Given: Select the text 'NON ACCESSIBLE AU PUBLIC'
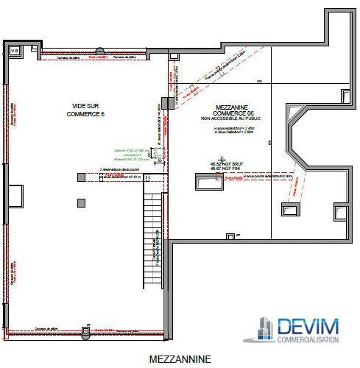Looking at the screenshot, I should (x=230, y=118).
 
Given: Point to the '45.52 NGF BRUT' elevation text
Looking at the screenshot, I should (x=222, y=164).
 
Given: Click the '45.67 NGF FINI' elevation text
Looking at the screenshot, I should (x=222, y=169).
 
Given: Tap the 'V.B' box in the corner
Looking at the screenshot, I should (x=14, y=50).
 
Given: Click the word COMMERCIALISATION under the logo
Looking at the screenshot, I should (x=308, y=340).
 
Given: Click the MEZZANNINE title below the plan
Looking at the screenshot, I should (x=180, y=359).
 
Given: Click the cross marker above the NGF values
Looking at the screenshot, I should (x=222, y=158).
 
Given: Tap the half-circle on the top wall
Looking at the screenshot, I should (x=99, y=51).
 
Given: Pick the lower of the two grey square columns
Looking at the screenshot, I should (x=81, y=202).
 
